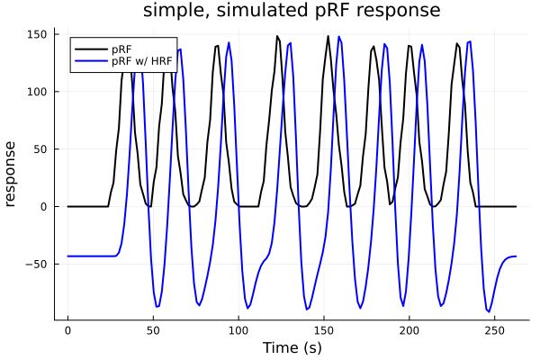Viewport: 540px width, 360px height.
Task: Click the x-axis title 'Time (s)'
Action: (x=292, y=347)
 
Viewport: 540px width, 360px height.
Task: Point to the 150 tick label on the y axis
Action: (x=37, y=34)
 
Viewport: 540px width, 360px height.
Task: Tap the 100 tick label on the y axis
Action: (x=37, y=92)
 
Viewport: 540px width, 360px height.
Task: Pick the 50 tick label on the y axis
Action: (x=40, y=149)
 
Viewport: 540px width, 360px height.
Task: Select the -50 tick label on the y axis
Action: (x=37, y=264)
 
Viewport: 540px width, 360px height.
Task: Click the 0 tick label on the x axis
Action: (x=67, y=330)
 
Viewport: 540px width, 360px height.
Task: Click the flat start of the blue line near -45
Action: (x=90, y=256)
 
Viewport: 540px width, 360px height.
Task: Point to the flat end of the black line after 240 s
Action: (x=499, y=206)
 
